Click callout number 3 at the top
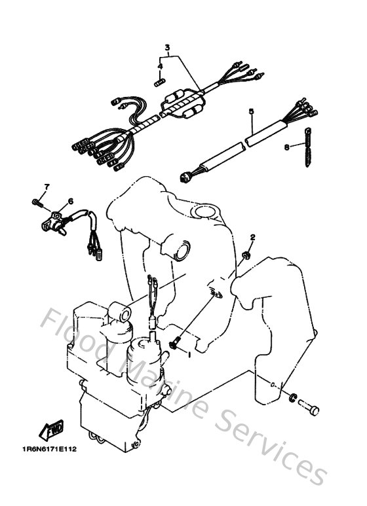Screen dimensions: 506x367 167,48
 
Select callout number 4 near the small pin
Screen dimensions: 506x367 159,66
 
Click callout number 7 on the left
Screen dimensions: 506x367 47,188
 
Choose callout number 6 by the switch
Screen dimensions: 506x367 70,201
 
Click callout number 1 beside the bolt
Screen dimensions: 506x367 189,354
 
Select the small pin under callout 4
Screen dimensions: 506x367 158,82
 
